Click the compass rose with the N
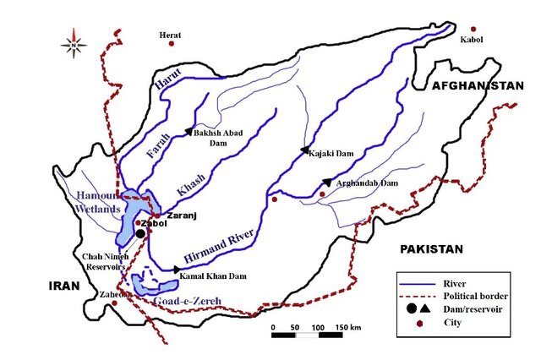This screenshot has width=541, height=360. (x=74, y=41)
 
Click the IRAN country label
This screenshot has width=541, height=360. (x=63, y=286)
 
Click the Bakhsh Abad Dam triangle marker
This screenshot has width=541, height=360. (x=189, y=131)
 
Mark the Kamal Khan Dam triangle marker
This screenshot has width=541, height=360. (x=177, y=269)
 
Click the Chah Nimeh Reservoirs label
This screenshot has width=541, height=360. (x=106, y=260)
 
